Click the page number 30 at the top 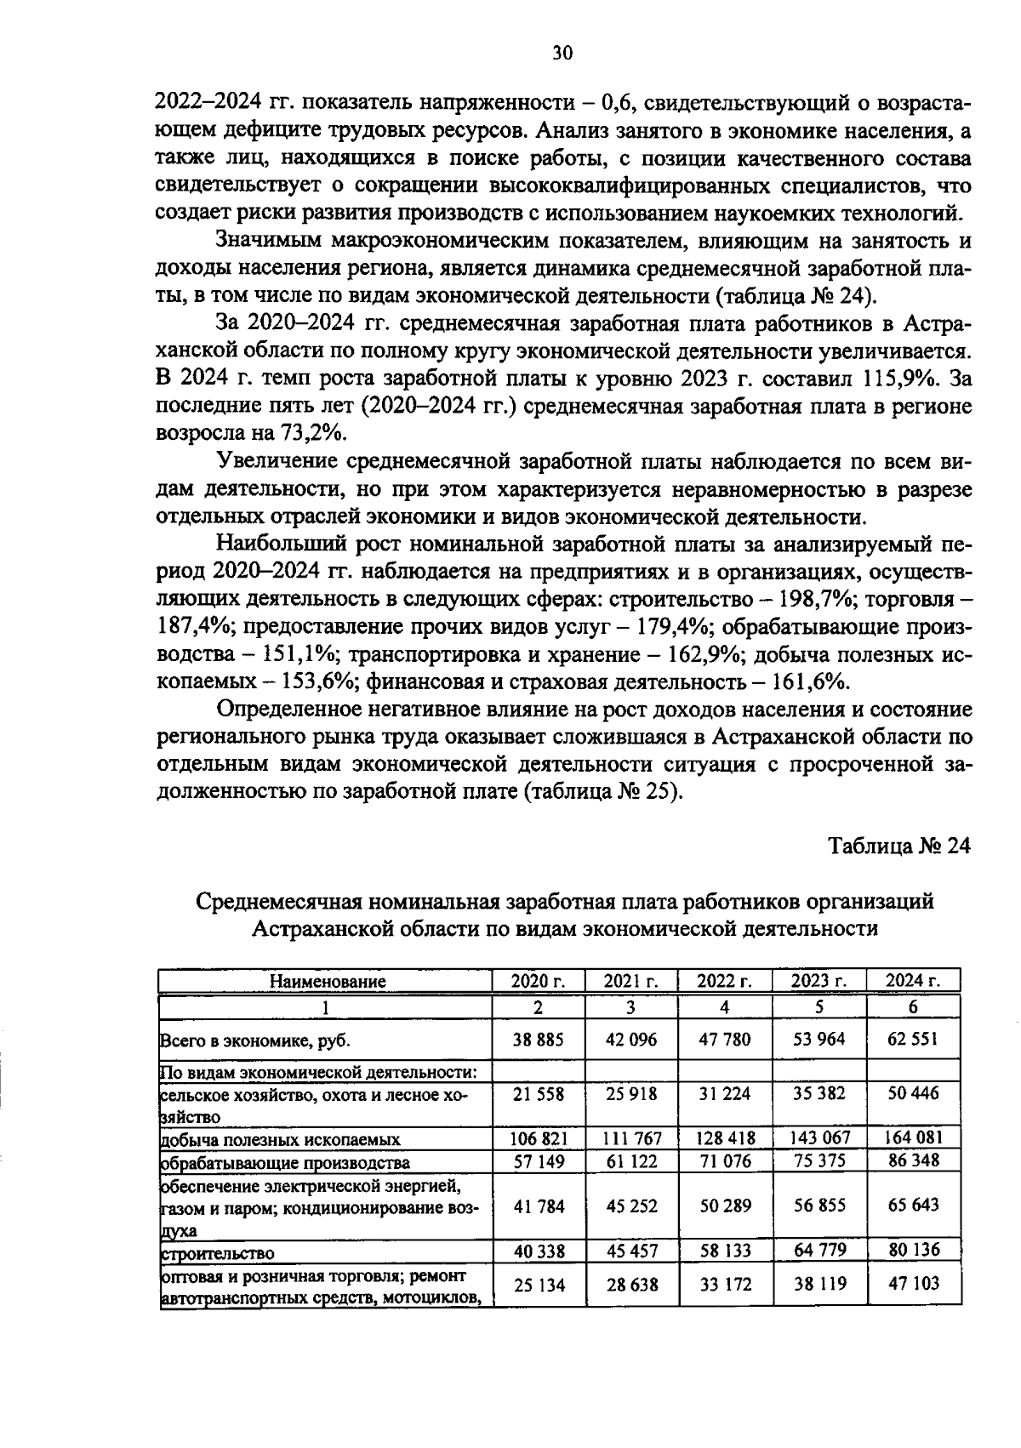(x=562, y=54)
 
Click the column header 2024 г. (x=913, y=981)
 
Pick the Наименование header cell (x=328, y=981)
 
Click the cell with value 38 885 (x=538, y=1040)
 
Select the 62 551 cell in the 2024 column (x=913, y=1040)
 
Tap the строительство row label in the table (x=218, y=1253)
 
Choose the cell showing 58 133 (x=725, y=1251)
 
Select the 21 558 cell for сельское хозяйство (x=538, y=1093)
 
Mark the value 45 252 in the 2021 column (x=631, y=1206)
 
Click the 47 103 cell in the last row (x=913, y=1283)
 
